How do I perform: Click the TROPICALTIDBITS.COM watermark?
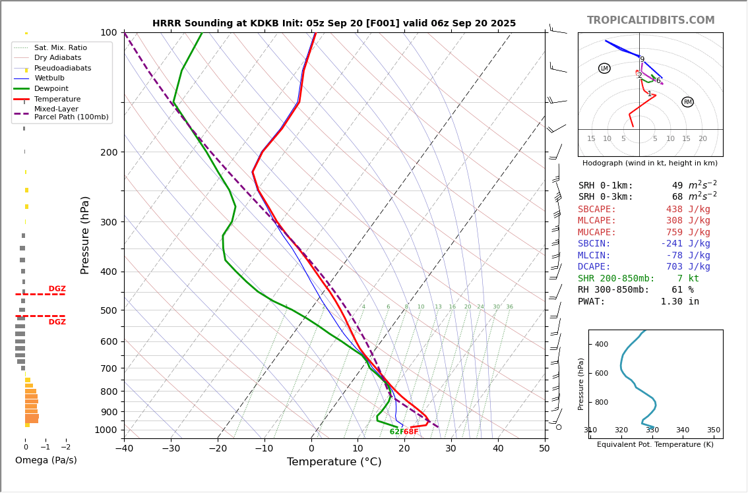[650, 20]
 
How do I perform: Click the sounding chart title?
[334, 24]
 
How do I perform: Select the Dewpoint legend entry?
[51, 88]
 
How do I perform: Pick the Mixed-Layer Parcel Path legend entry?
[61, 113]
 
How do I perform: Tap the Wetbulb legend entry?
[49, 78]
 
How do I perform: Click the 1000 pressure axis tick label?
[106, 430]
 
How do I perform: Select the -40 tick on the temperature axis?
[124, 449]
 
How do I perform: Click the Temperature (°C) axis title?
[334, 462]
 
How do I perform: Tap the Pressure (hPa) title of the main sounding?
[86, 235]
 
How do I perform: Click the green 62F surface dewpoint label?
[396, 432]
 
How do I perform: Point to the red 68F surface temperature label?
[411, 432]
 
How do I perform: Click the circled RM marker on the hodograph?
[687, 102]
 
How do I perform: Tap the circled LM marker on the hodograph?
[604, 69]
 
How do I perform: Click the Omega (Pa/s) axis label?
[46, 461]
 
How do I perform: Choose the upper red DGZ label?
[57, 289]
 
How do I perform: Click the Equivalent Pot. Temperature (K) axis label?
[655, 445]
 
